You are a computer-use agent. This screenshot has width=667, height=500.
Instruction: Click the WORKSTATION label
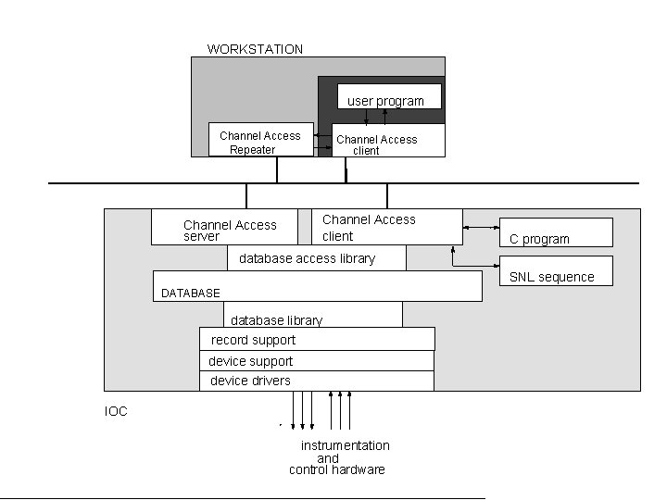click(x=255, y=49)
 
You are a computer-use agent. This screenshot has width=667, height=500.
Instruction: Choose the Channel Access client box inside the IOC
click(x=386, y=227)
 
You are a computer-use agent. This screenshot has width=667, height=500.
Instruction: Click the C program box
click(x=556, y=231)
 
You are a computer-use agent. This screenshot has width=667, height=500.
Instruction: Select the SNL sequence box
click(x=556, y=270)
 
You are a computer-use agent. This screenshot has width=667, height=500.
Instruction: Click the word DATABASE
click(x=191, y=293)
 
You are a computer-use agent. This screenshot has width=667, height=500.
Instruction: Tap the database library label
click(x=276, y=320)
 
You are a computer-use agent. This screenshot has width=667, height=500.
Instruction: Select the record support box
click(x=317, y=340)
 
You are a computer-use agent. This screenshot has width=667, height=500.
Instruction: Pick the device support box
click(x=317, y=361)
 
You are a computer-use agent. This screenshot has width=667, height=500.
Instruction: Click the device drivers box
click(x=317, y=381)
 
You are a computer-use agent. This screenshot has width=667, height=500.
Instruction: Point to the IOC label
click(x=116, y=411)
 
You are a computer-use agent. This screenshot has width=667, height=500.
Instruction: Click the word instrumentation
click(x=345, y=445)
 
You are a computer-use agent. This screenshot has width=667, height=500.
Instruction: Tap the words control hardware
click(x=337, y=469)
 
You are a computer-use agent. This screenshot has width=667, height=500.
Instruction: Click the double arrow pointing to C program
click(x=481, y=227)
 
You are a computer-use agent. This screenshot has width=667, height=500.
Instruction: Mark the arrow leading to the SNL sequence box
click(x=474, y=265)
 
